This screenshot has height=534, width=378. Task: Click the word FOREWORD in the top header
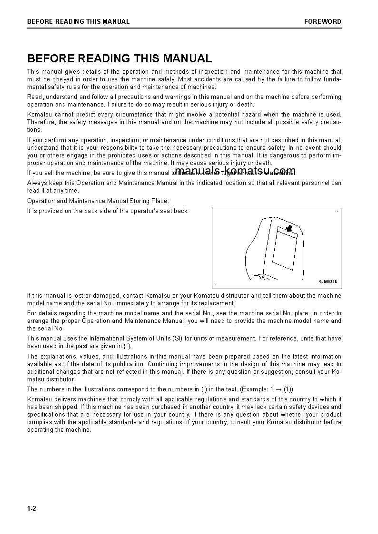(323, 21)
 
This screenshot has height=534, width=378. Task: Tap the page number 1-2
(32, 508)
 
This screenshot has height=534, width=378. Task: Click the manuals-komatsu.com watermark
(235, 171)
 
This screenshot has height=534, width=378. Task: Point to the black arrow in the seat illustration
(288, 229)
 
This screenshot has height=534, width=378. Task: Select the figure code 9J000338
(328, 282)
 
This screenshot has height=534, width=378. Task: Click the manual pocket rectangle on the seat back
(284, 248)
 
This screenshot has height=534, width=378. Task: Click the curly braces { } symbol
(127, 346)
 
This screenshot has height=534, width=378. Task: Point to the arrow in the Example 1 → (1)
(278, 389)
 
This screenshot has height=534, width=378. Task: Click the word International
(105, 339)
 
